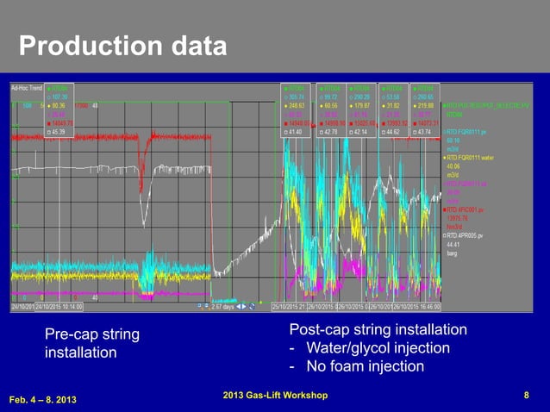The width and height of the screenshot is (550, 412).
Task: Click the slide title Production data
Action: (123, 45)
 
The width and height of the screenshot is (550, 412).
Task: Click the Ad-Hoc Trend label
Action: (27, 88)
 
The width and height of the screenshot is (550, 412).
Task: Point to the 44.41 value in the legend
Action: (453, 244)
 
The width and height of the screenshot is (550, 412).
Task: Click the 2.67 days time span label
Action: (226, 306)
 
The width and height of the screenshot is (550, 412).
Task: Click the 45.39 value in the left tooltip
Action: (58, 132)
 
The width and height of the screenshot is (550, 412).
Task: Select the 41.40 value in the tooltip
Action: (296, 132)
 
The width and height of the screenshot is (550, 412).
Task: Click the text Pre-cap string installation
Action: (91, 343)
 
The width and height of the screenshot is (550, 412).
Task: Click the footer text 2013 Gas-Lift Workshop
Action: (274, 395)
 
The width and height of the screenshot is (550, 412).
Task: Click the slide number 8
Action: (526, 396)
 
